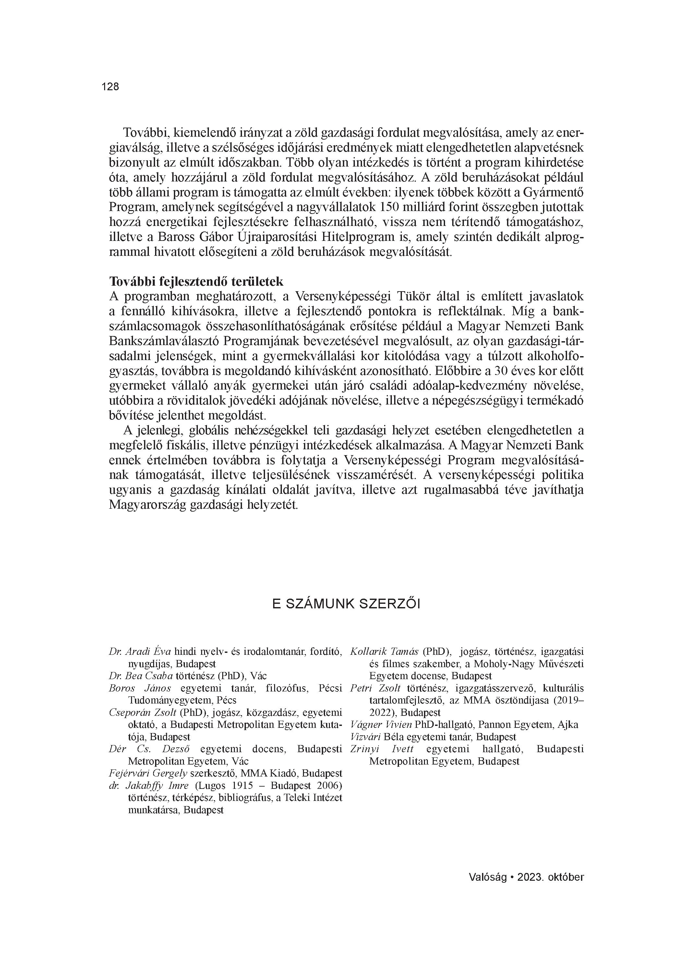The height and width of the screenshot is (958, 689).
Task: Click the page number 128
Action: [110, 87]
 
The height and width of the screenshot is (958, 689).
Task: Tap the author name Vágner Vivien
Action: [381, 725]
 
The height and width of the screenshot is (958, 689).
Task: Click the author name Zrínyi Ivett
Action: [382, 749]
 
